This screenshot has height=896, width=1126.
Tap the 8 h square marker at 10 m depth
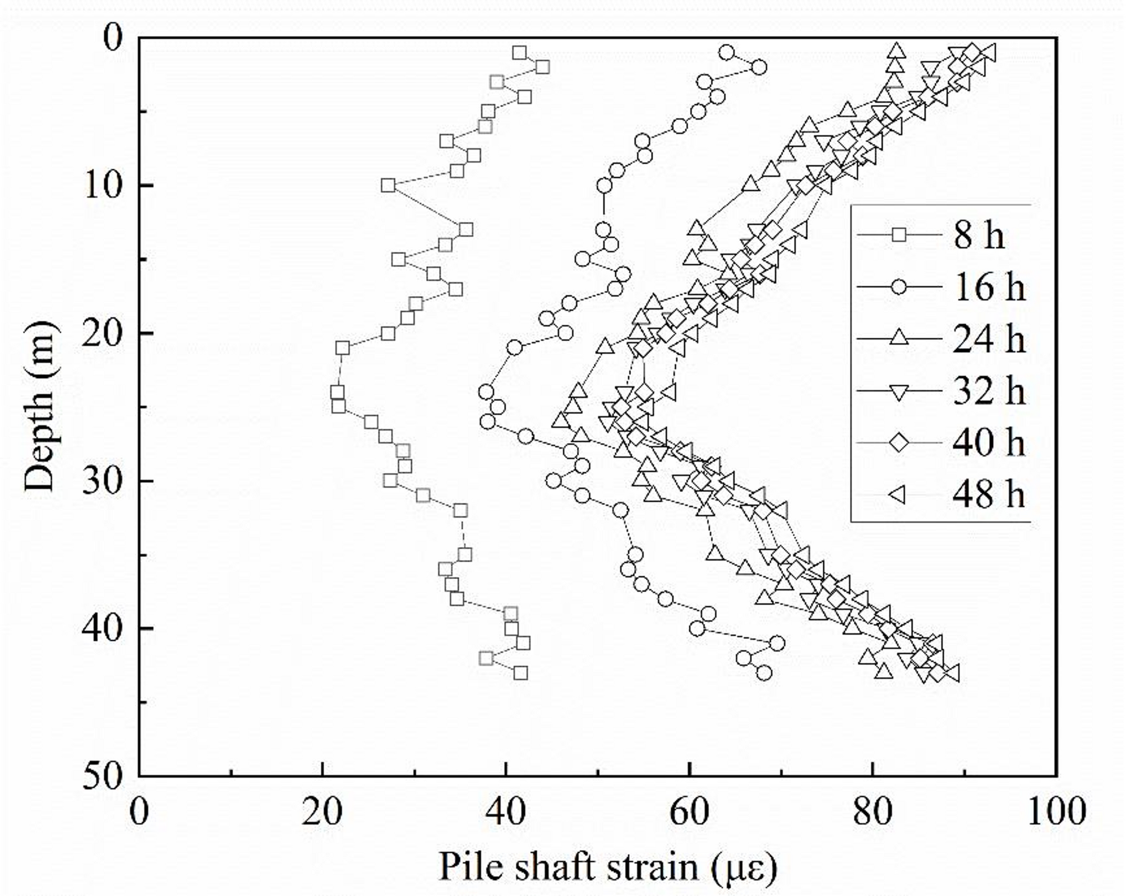pyautogui.click(x=388, y=186)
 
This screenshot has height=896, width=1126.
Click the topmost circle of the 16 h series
pyautogui.click(x=727, y=53)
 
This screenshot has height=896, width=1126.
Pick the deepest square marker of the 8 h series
pyautogui.click(x=521, y=673)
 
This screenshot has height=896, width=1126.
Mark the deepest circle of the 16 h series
pyautogui.click(x=764, y=673)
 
